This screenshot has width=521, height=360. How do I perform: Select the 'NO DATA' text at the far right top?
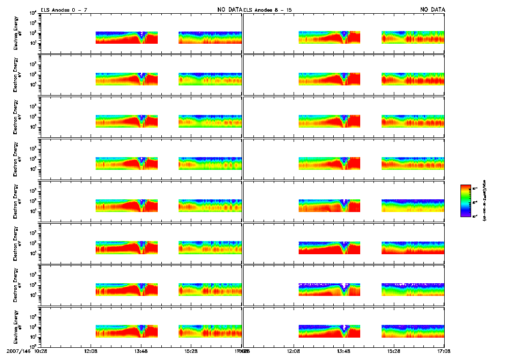click(x=432, y=10)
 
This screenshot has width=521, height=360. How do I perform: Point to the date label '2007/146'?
click(x=17, y=351)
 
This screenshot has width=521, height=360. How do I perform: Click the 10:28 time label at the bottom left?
click(x=41, y=351)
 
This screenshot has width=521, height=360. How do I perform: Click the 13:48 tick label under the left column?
click(x=141, y=351)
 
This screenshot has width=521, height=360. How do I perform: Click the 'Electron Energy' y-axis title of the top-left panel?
click(x=17, y=34)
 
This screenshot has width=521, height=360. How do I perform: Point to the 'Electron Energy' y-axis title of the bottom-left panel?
click(x=17, y=327)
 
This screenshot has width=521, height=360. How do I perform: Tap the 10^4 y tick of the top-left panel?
click(x=32, y=13)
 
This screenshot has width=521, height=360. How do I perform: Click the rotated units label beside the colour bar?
click(x=485, y=201)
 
